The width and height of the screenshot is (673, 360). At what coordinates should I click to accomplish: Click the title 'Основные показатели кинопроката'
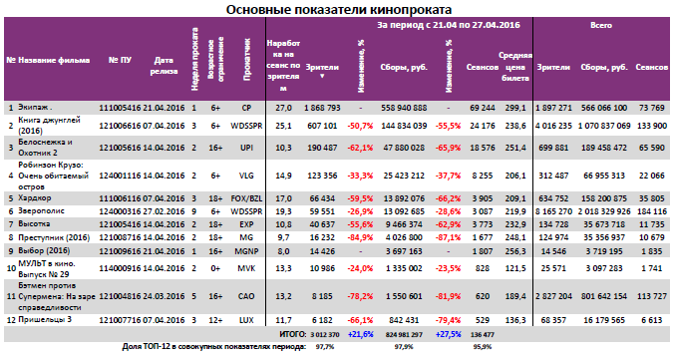[337, 9]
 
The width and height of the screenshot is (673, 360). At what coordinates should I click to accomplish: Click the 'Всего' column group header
[600, 30]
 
